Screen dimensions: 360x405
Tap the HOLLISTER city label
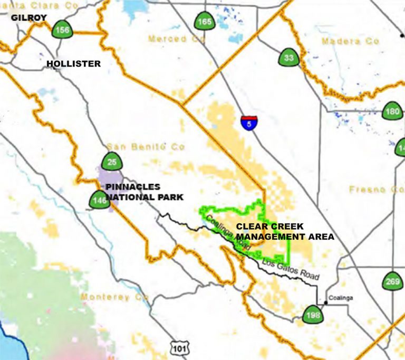(x=73, y=64)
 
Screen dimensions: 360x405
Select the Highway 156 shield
(x=62, y=30)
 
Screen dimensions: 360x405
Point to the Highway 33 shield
(x=288, y=58)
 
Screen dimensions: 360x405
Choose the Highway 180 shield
(x=392, y=111)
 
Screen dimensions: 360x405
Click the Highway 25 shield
(x=112, y=162)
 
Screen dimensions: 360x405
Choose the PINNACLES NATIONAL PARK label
(x=144, y=192)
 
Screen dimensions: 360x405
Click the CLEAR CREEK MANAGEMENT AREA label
(x=284, y=231)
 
